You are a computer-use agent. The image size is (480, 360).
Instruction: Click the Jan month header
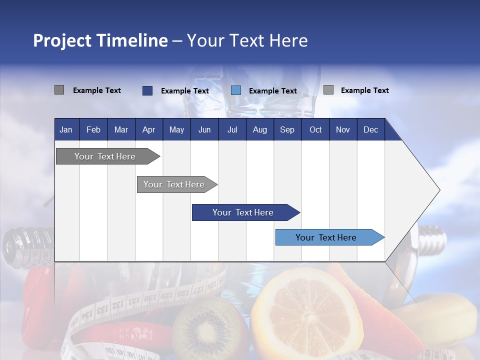point(66,130)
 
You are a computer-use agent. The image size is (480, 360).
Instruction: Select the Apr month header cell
point(148,130)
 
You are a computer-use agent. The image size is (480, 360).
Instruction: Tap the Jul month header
point(232,130)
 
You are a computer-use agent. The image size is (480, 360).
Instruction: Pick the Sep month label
point(287,130)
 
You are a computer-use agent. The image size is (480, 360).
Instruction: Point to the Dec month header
point(370,130)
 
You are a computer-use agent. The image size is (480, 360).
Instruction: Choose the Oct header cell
point(315,130)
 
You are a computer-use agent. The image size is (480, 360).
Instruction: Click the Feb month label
point(93,130)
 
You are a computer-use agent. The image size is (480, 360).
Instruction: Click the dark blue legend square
point(147,90)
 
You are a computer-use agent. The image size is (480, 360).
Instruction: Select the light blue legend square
point(236,90)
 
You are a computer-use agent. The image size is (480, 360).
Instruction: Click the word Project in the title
point(62,40)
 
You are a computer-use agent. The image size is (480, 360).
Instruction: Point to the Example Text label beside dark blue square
point(185,91)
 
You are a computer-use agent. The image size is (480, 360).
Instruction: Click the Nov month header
point(342,130)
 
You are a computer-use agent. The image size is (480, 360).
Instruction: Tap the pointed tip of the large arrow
point(438,190)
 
